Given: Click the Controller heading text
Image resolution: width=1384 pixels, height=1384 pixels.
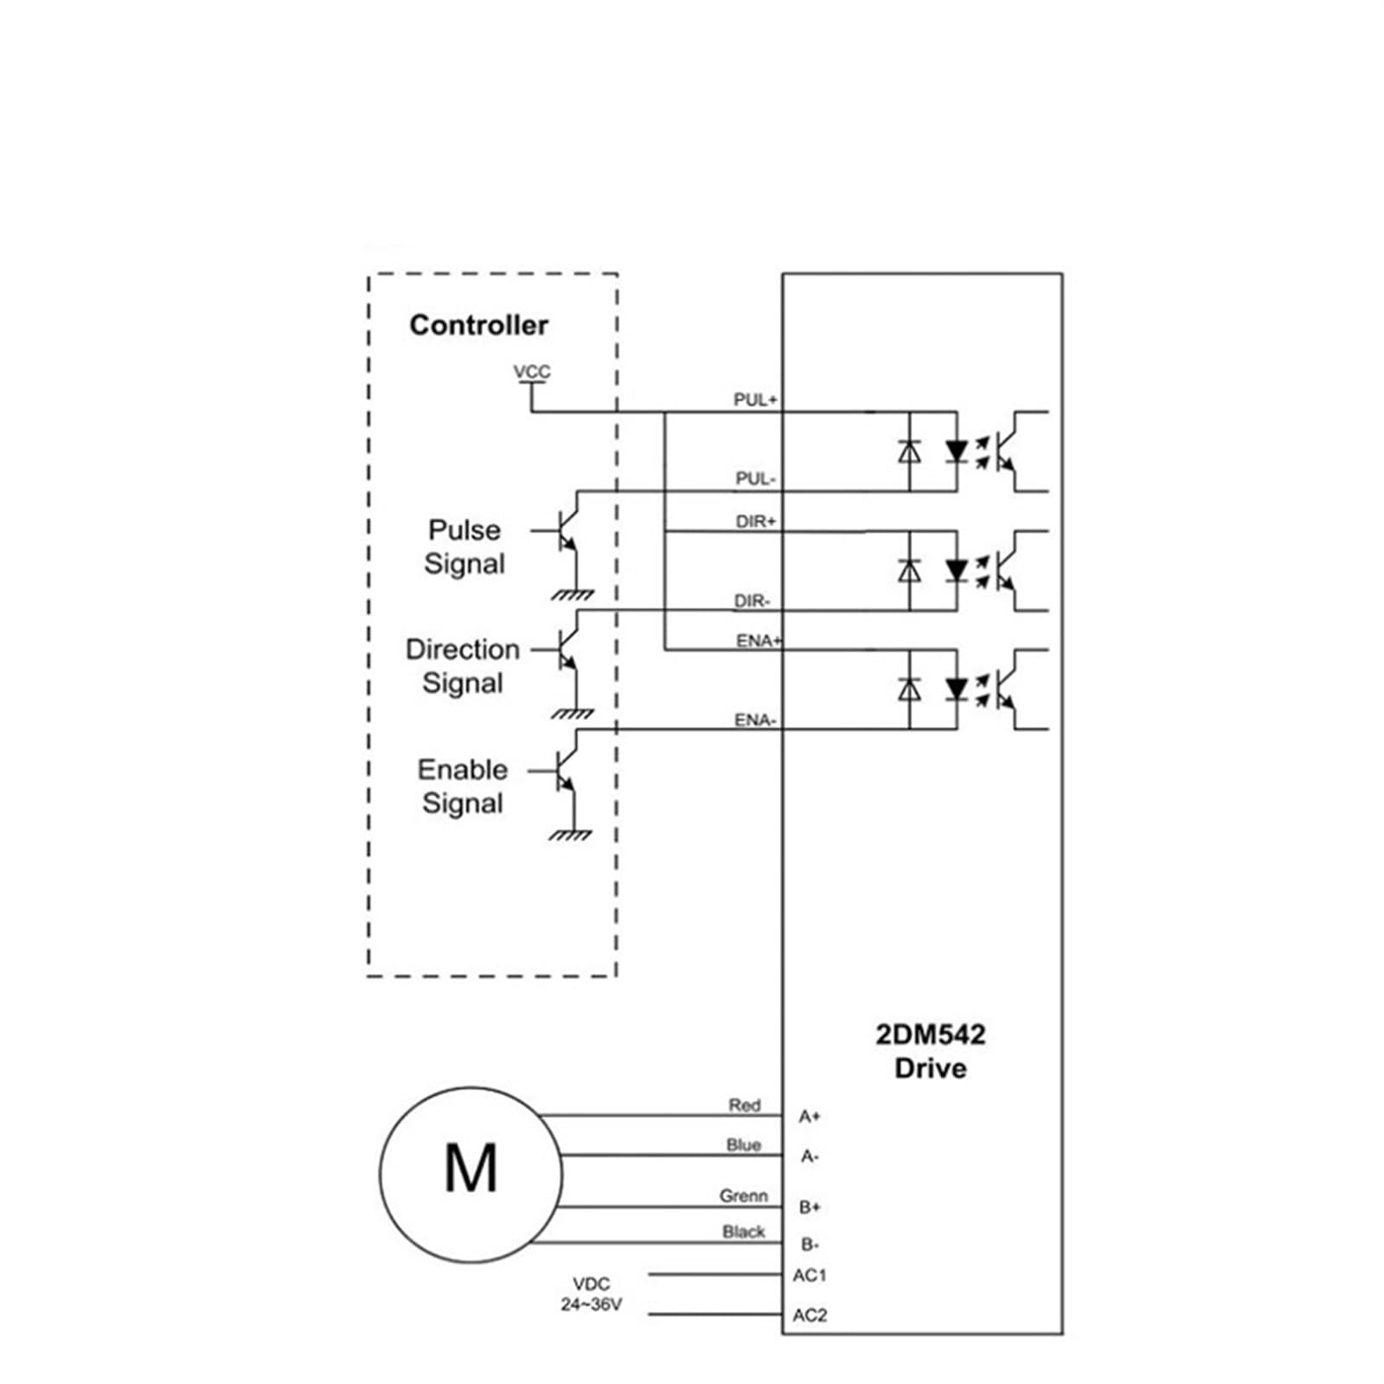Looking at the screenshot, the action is point(478,325).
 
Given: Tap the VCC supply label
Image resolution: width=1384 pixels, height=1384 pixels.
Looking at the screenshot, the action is point(531,372).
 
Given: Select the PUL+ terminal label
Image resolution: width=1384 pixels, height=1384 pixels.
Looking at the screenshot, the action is point(755,400).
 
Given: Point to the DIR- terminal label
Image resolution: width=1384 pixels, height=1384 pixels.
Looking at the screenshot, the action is point(752,600).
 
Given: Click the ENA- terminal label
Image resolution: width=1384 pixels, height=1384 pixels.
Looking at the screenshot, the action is point(755,720).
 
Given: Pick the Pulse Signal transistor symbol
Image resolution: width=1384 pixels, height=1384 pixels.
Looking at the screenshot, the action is point(563,530).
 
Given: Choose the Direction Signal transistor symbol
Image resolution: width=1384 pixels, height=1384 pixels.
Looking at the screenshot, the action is point(563,650).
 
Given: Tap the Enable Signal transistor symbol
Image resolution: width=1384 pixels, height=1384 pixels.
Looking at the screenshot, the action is point(563,771).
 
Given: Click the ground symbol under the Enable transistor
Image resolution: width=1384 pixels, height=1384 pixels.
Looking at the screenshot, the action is point(571,834).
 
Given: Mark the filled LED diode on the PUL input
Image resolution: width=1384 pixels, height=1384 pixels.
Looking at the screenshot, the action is point(956,452).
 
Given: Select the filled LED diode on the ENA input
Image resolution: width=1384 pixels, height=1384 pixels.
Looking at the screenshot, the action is point(956,689).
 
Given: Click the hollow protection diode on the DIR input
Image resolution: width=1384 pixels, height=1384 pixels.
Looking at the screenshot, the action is point(909,571).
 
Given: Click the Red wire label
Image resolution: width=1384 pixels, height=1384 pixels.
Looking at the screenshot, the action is point(744,1105).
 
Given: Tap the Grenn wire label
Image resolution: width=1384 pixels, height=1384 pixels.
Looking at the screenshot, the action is point(744,1195).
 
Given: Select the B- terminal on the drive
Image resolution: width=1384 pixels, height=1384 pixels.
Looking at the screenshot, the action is point(810,1244).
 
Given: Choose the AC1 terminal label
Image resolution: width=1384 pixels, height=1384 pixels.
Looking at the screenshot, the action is point(810,1275).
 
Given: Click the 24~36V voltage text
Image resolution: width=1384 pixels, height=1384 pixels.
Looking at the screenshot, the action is point(591,1304).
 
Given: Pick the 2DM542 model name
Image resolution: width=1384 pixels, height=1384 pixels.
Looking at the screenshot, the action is point(931,1035).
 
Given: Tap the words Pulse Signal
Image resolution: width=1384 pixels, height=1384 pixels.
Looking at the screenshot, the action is point(465,547).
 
